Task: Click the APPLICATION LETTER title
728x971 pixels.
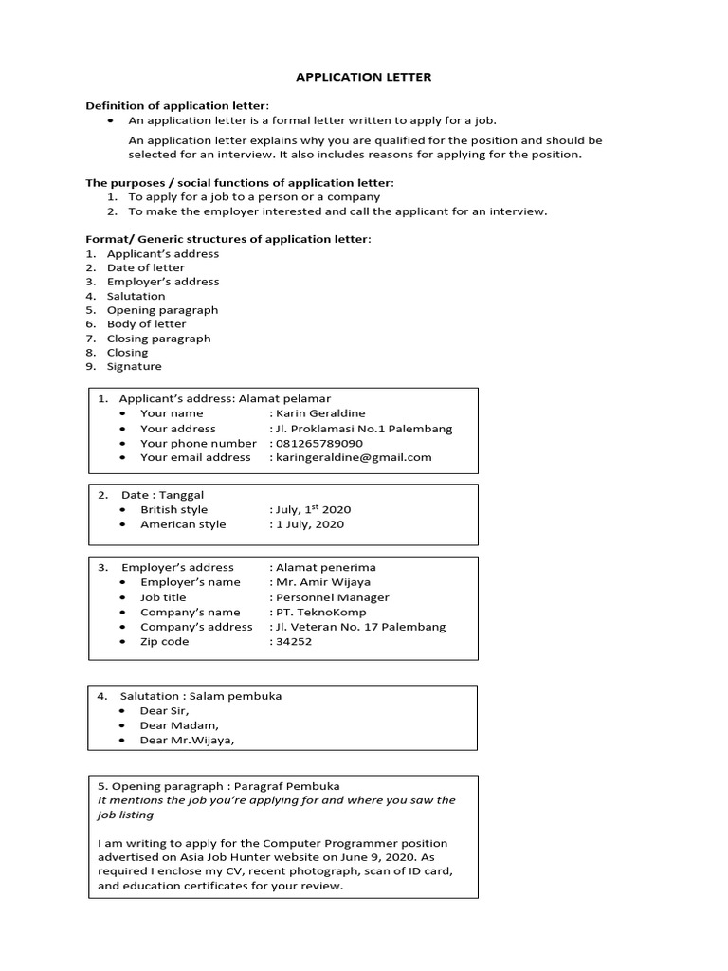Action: click(x=363, y=77)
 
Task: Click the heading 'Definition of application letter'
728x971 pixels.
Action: click(x=178, y=105)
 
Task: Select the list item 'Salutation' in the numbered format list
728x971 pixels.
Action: click(x=136, y=296)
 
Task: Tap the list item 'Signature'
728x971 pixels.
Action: click(x=134, y=366)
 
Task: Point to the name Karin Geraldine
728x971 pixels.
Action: click(x=319, y=413)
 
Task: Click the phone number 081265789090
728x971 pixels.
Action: click(x=319, y=443)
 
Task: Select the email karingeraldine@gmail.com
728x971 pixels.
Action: click(x=353, y=457)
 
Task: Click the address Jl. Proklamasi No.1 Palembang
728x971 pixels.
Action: click(x=363, y=429)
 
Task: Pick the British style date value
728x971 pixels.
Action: click(x=313, y=509)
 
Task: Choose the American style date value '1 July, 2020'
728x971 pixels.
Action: click(x=309, y=524)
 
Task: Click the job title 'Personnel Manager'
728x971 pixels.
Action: click(x=332, y=597)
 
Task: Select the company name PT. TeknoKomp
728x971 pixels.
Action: click(x=320, y=612)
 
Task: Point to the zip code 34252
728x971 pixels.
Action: click(x=293, y=641)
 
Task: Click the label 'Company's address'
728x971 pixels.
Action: click(x=196, y=627)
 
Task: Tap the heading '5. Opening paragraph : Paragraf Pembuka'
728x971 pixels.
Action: click(x=219, y=786)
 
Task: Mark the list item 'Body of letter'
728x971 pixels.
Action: click(x=146, y=324)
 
